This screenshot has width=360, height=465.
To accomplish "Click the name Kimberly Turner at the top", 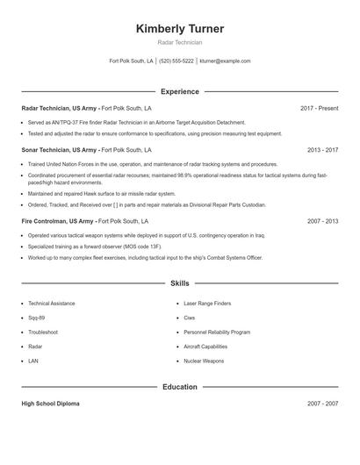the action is [180, 29].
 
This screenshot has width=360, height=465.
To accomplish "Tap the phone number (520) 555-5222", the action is [176, 61].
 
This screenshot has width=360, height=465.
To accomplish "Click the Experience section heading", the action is [180, 91].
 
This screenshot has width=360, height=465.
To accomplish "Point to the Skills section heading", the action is [180, 283].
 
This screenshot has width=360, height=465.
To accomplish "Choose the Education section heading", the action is [180, 386].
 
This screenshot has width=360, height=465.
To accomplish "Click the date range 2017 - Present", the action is [319, 108].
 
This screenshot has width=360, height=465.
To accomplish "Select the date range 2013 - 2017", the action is [322, 150].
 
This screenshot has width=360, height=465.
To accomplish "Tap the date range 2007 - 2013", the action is [322, 222].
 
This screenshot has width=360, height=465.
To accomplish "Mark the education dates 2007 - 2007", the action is [322, 404].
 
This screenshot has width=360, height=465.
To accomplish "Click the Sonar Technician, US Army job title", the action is [58, 150].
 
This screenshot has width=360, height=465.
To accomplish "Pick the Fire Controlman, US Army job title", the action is [58, 222].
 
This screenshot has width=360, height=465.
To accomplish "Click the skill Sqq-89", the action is [37, 318].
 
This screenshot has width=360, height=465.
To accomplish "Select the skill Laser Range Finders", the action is [207, 303].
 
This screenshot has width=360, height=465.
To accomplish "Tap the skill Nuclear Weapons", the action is [204, 361].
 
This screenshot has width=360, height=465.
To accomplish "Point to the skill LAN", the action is [33, 361].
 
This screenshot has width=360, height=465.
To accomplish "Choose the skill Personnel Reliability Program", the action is [217, 332].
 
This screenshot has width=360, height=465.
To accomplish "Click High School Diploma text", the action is [51, 404].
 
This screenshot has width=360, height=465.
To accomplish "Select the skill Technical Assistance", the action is [50, 303].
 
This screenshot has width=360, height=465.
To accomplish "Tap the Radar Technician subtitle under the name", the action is [180, 42].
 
